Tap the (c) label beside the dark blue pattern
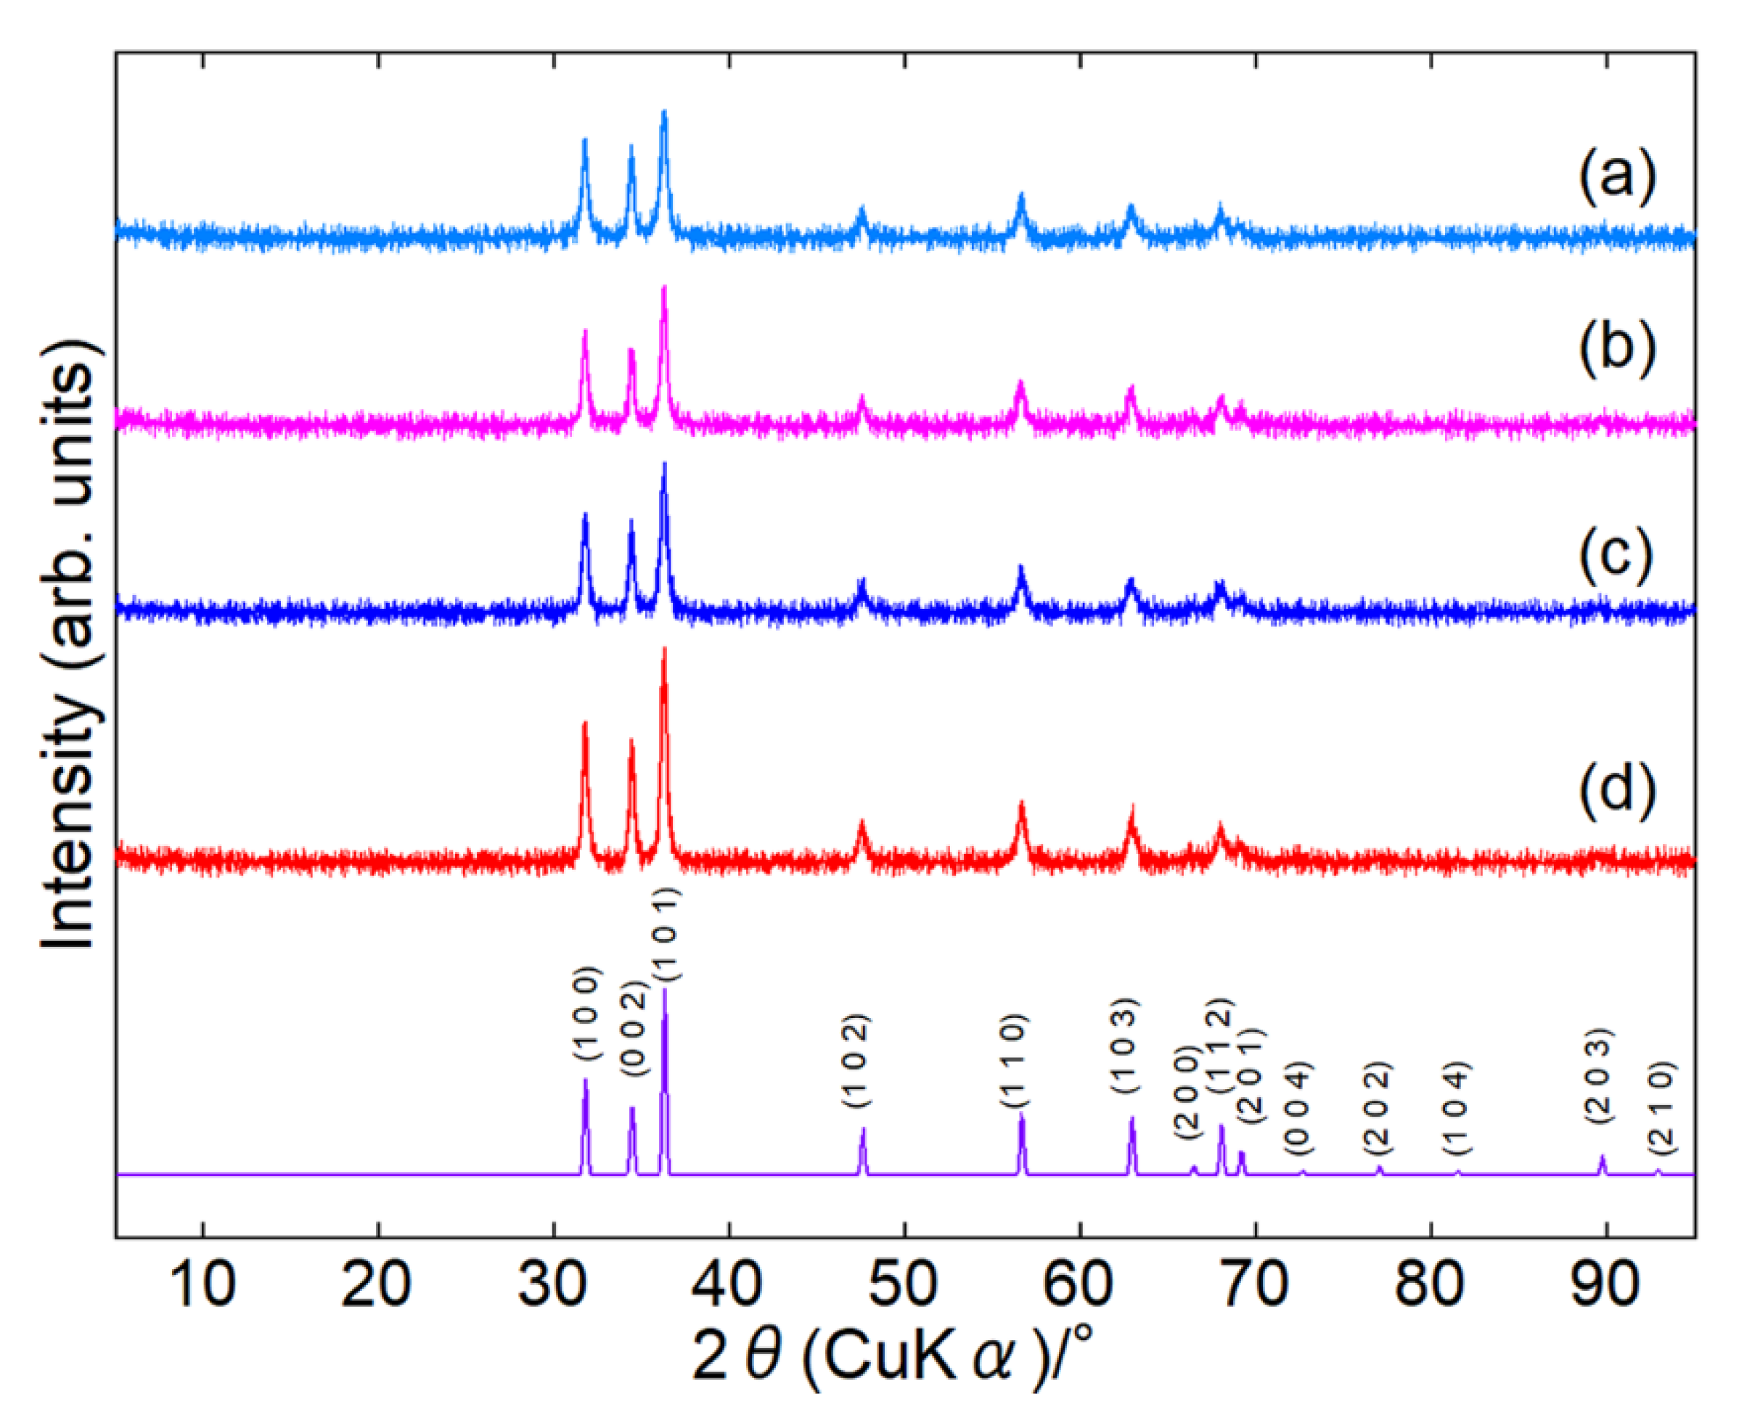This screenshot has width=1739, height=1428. click(1616, 559)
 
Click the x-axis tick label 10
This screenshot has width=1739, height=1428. click(203, 1286)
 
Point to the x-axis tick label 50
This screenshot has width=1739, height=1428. click(904, 1286)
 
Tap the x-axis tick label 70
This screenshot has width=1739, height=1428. click(1256, 1286)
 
